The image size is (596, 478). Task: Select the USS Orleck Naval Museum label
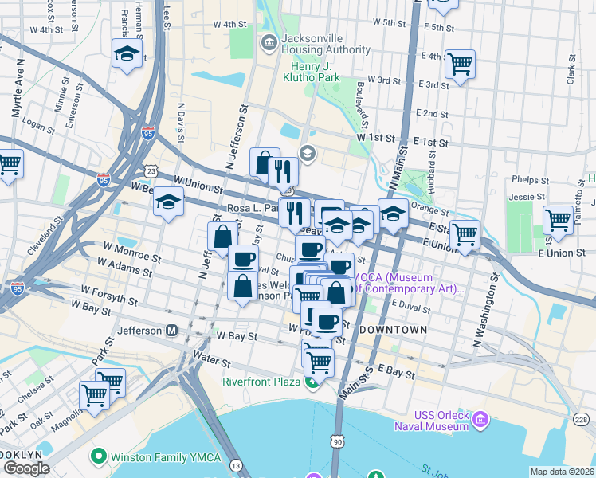[431, 421]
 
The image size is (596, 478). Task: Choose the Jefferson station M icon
[171, 330]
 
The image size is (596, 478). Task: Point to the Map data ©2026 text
[562, 472]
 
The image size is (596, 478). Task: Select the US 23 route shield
[151, 170]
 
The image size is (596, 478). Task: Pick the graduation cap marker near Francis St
[126, 54]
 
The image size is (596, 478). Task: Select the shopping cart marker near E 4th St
[461, 63]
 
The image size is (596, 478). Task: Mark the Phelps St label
[527, 179]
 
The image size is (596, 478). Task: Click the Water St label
[211, 362]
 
